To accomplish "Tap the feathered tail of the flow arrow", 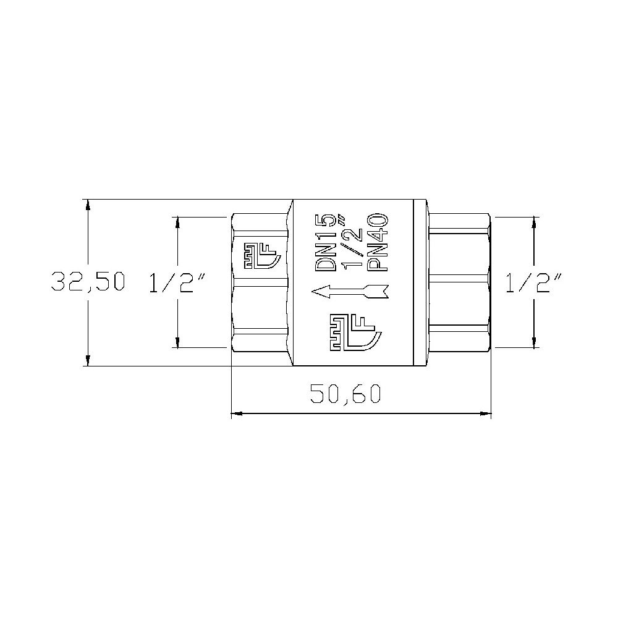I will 378,290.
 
